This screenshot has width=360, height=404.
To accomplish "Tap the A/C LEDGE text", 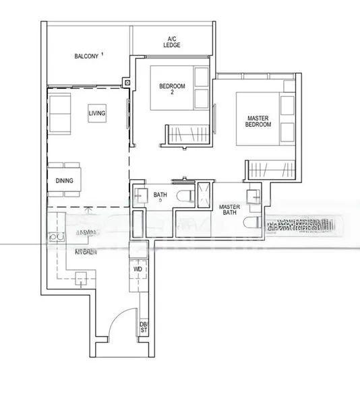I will (171, 42).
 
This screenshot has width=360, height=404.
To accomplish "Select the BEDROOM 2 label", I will (169, 89).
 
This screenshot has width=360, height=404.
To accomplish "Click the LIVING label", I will (97, 114).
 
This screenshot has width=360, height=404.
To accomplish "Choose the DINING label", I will (65, 180).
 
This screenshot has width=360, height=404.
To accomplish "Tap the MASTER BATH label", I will (232, 209).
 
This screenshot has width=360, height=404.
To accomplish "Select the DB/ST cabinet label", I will (143, 327).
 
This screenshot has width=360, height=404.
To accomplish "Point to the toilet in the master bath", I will (254, 224).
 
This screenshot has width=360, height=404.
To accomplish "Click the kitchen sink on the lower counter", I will (83, 278).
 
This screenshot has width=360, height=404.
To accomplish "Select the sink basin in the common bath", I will (140, 195).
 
